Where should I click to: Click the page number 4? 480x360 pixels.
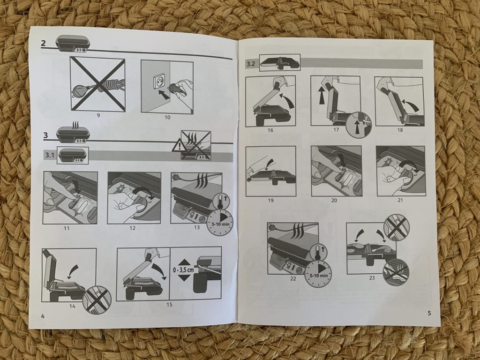(x=43, y=316)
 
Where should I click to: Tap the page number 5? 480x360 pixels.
(x=429, y=313)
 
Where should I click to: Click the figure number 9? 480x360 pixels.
(x=98, y=115)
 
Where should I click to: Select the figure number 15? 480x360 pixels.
(x=169, y=304)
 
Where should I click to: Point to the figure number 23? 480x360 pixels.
(x=372, y=278)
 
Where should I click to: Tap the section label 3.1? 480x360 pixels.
(x=50, y=155)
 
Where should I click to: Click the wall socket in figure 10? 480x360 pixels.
(x=156, y=81)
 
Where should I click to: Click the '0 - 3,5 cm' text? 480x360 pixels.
(x=183, y=270)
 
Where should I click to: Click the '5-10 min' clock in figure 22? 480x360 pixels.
(x=319, y=275)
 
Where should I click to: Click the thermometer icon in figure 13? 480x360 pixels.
(x=217, y=201)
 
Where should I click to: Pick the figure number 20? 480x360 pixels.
(x=334, y=200)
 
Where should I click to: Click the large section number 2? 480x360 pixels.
(x=44, y=43)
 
